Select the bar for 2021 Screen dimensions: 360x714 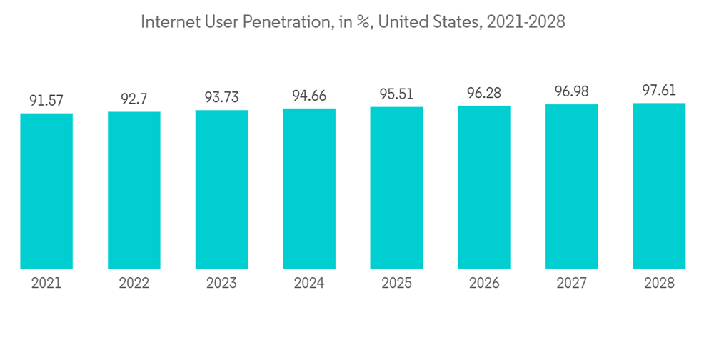coord(46,191)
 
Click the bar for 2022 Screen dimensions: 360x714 coord(134,190)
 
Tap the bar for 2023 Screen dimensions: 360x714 coord(221,189)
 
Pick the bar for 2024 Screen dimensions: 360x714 coord(309,189)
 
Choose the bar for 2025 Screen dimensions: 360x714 coord(396,188)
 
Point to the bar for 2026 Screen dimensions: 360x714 coord(484,187)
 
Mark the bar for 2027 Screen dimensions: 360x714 coord(571,186)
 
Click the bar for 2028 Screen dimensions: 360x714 coord(659,186)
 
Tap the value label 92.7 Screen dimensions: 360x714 coord(134,99)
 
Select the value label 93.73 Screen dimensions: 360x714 coord(221,98)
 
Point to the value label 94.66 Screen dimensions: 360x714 coord(309,96)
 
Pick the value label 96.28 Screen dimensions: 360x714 coord(484,94)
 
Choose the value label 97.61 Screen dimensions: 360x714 coord(659,91)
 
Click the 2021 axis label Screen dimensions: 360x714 coord(46,284)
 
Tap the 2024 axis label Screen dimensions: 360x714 coord(309,284)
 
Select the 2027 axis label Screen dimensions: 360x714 coord(571,284)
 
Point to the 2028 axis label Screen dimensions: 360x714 coord(659,284)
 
